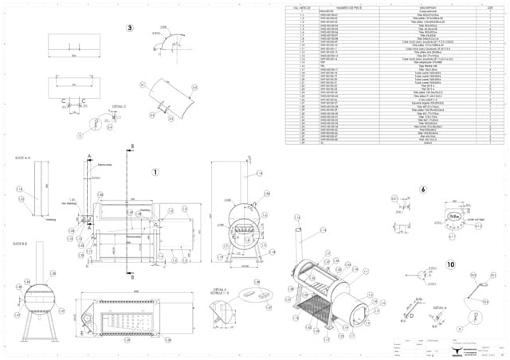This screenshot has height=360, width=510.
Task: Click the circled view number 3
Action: tap(129, 29)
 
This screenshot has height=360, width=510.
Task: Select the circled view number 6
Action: tap(422, 190)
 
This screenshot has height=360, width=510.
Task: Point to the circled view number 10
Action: tap(450, 264)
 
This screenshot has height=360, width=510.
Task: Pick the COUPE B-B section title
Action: tap(21, 241)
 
